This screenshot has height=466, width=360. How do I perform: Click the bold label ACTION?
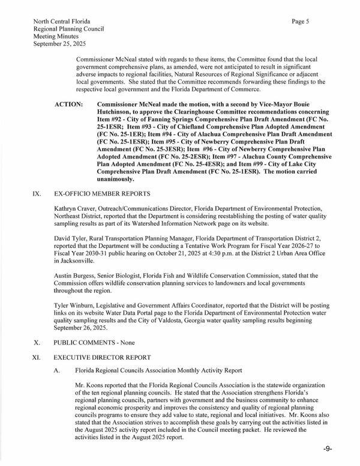pos(69,104)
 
